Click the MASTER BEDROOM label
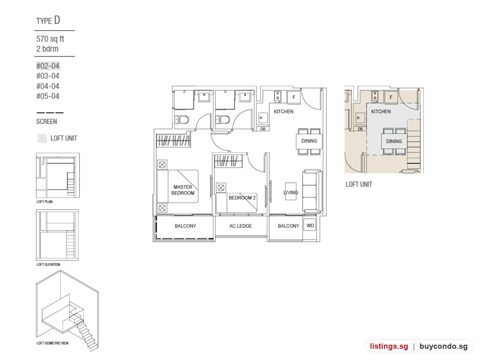[183, 190]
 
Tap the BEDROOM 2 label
[242, 198]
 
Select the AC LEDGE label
[241, 226]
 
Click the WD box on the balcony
[310, 225]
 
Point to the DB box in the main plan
[263, 129]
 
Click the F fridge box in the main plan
[293, 97]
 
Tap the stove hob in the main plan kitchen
[278, 97]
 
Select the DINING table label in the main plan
[309, 141]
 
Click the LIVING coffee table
[291, 191]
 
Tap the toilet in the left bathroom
[182, 120]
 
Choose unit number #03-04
[48, 76]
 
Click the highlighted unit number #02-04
[48, 66]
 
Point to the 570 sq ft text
[50, 39]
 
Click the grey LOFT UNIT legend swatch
[42, 138]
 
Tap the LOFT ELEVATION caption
[48, 265]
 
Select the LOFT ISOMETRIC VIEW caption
[52, 343]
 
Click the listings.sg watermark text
[389, 346]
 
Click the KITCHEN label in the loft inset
[381, 111]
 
